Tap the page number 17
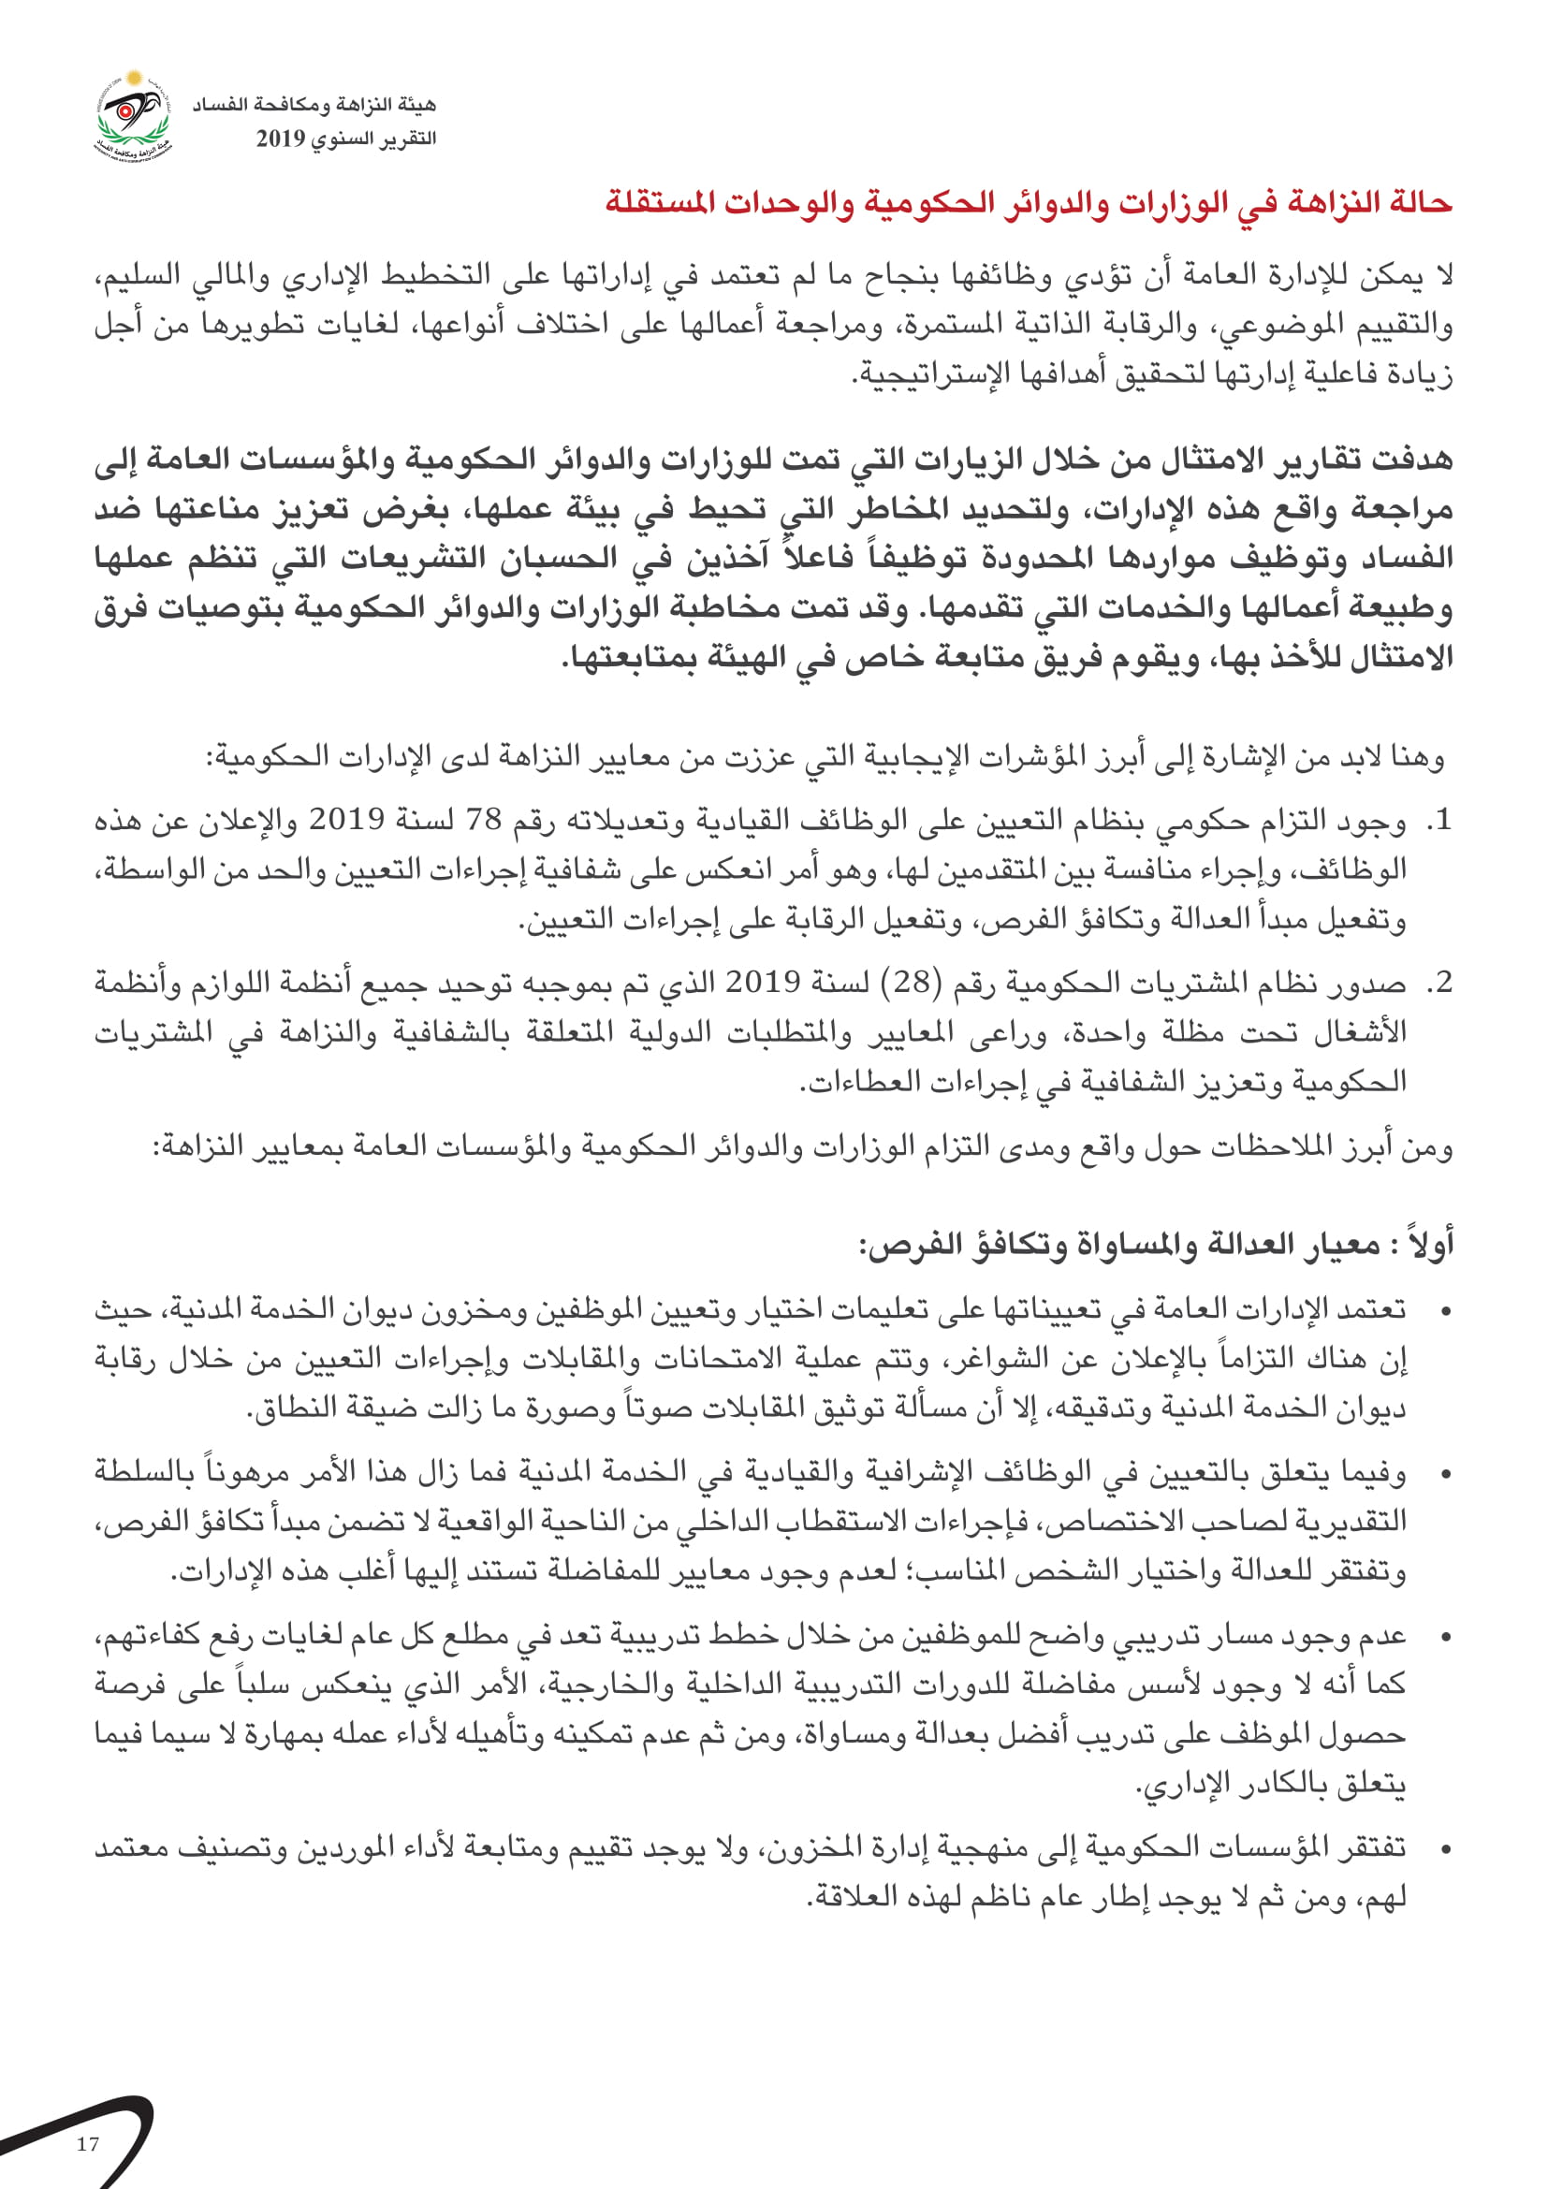pos(88,2144)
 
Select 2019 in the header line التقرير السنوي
pos(280,139)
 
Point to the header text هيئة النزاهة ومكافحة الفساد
pos(314,104)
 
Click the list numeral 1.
pos(1440,819)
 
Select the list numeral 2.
pos(1440,981)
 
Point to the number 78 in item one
pos(483,819)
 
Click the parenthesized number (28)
pos(913,981)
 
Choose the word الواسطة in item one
pos(138,868)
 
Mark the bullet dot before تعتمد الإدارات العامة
pos(1446,1313)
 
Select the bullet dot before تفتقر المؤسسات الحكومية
pos(1446,1849)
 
